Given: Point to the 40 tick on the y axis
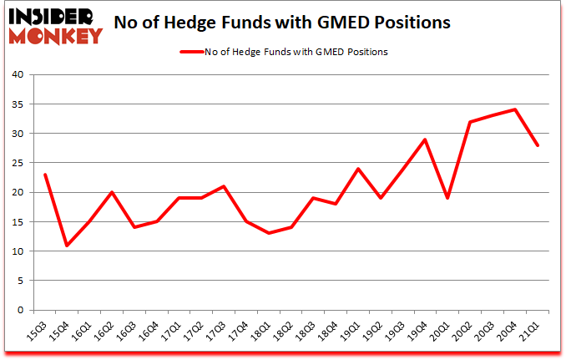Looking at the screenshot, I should [18, 75].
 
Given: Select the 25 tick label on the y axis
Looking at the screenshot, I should [18, 163].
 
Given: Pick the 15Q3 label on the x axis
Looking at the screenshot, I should [38, 331].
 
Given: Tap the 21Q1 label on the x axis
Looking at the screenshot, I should [531, 331].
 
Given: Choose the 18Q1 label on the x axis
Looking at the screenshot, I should [262, 331].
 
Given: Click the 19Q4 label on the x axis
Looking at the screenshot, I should [419, 331].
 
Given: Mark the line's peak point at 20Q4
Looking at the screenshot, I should [516, 109].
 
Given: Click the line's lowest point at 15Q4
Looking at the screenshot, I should [67, 245].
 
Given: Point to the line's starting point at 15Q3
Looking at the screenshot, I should [45, 175].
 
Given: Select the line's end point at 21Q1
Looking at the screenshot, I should [538, 145].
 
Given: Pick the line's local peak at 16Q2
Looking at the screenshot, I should [112, 192].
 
